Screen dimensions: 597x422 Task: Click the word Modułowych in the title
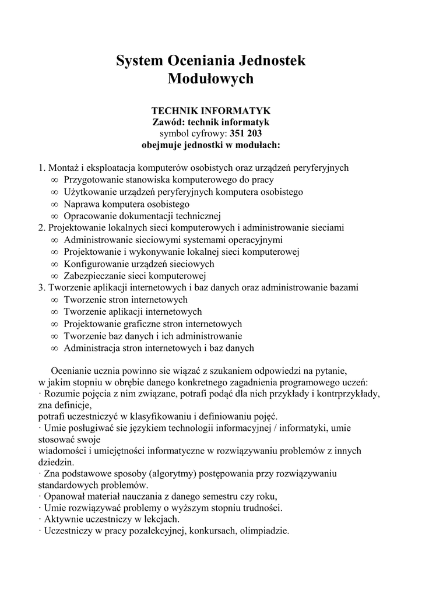click(210, 79)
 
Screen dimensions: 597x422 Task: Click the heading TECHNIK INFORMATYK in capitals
click(210, 111)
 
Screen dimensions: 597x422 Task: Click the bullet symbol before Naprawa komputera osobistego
click(54, 205)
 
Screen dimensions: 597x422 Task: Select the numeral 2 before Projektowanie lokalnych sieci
click(41, 228)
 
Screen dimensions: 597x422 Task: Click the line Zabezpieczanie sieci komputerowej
click(135, 276)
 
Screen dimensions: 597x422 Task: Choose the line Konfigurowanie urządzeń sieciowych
click(139, 264)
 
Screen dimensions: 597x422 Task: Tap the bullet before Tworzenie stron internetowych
click(54, 300)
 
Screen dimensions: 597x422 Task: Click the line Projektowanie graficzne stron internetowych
click(153, 324)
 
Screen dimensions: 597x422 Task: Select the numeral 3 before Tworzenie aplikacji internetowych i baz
click(41, 288)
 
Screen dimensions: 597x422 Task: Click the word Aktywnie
click(61, 519)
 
